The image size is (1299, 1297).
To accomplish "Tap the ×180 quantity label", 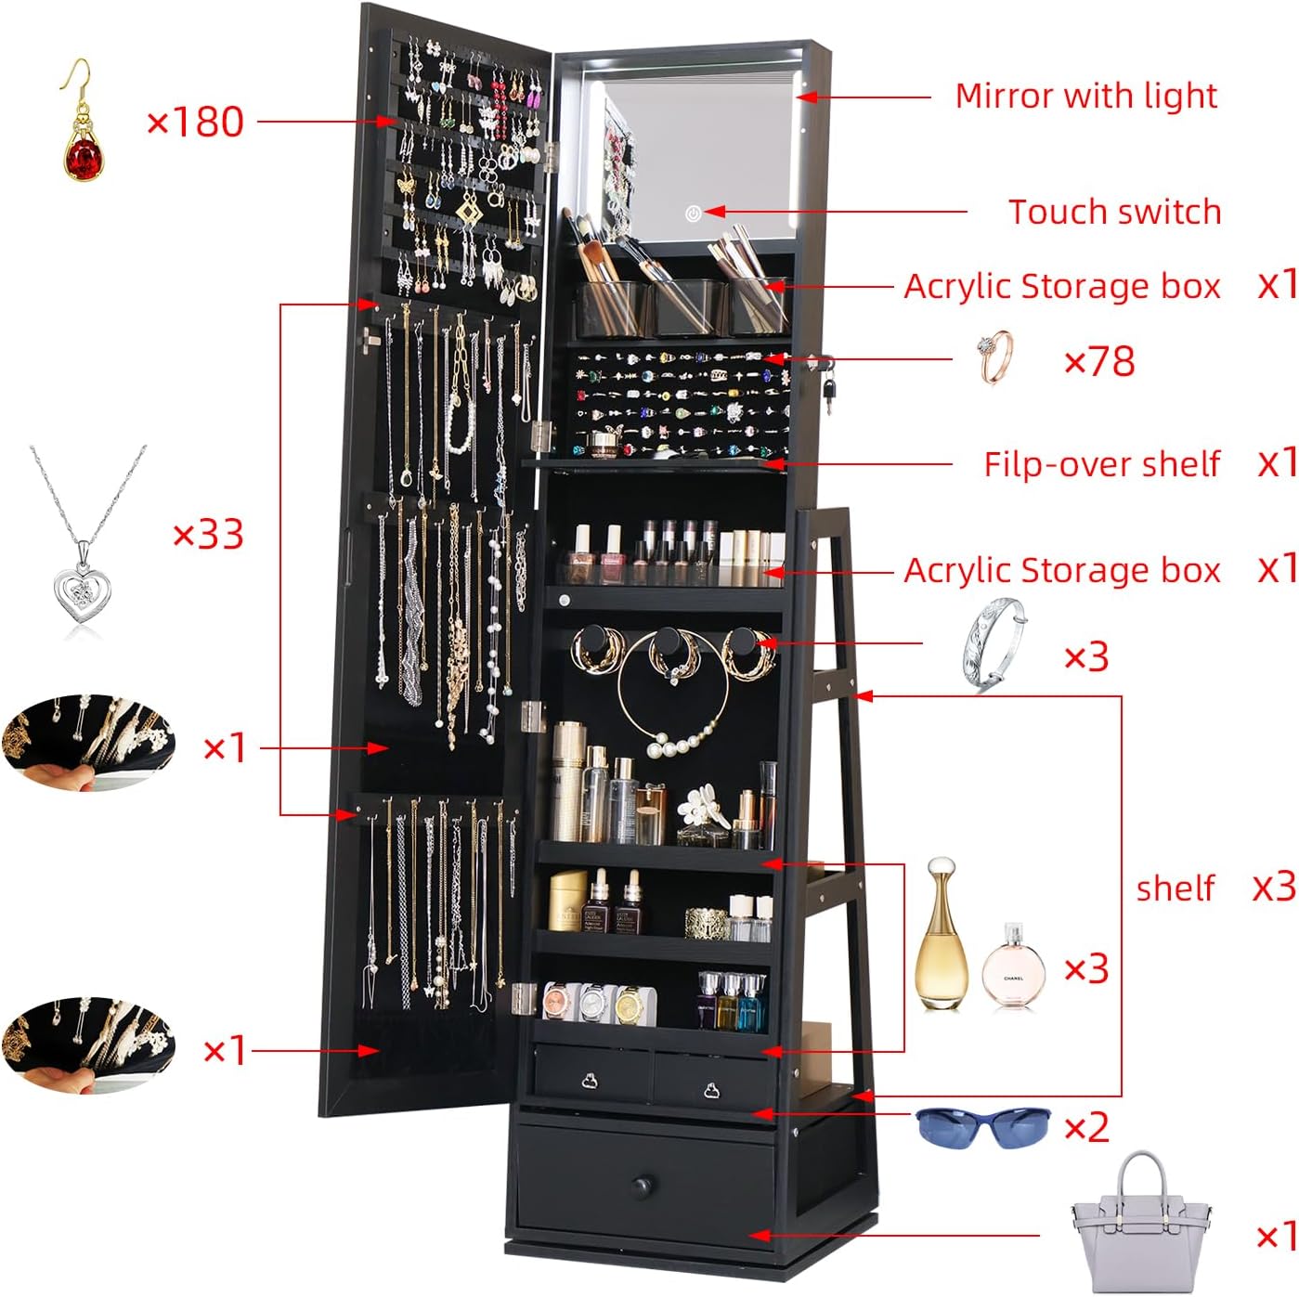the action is coord(196,122).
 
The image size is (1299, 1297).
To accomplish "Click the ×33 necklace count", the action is coord(208,535).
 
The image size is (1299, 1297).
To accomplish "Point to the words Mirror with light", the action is coord(1085,96).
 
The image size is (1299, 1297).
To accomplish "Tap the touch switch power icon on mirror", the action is coord(693,214).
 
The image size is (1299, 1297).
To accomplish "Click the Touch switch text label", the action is coord(1114,212).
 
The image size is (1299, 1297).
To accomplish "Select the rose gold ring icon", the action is coord(995,357).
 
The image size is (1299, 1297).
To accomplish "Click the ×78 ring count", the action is coord(1099,361).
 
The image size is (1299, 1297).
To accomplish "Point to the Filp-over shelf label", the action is coord(1101,464).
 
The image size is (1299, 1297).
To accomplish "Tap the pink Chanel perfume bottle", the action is coord(1013,966).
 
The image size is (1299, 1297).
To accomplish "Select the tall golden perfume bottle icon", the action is coord(942,933).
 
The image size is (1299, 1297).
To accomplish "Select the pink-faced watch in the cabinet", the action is coord(557,1000).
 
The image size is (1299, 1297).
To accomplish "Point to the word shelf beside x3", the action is coord(1176,888).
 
